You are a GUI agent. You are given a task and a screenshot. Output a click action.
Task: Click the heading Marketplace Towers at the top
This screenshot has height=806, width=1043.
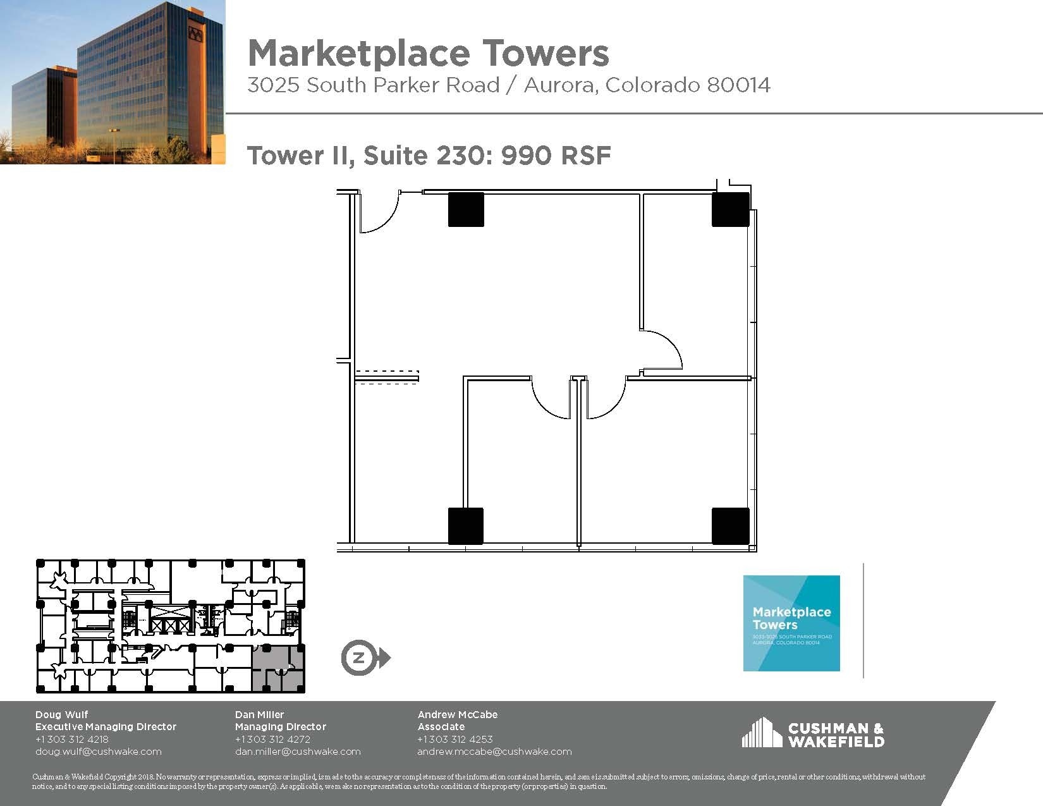click(428, 53)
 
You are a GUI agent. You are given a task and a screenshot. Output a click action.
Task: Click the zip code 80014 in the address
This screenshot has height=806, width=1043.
click(738, 85)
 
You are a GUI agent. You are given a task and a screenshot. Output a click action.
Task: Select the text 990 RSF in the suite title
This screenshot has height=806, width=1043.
click(556, 156)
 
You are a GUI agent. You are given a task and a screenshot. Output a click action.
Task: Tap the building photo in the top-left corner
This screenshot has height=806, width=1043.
click(113, 82)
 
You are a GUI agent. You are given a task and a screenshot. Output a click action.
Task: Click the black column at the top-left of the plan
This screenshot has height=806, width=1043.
click(466, 210)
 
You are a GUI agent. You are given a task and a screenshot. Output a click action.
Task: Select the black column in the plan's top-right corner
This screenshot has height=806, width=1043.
click(730, 210)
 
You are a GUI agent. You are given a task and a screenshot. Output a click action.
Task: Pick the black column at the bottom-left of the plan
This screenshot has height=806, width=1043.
click(466, 525)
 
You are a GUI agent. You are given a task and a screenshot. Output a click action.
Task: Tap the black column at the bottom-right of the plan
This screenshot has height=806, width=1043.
click(730, 525)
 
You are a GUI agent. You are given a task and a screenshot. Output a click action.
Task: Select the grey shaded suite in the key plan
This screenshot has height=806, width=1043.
click(278, 668)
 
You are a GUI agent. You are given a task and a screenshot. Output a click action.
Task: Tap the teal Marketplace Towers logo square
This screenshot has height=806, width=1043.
click(791, 623)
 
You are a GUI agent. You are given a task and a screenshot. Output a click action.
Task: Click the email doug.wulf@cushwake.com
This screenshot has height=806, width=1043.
click(98, 752)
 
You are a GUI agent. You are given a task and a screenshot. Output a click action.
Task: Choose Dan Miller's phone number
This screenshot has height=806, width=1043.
click(272, 739)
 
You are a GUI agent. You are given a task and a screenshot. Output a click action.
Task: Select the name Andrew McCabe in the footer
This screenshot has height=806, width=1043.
click(457, 714)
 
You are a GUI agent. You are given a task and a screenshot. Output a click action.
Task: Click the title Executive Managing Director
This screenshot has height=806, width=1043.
click(106, 727)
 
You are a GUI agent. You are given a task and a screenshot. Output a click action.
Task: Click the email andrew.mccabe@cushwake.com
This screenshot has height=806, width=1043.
click(494, 752)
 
